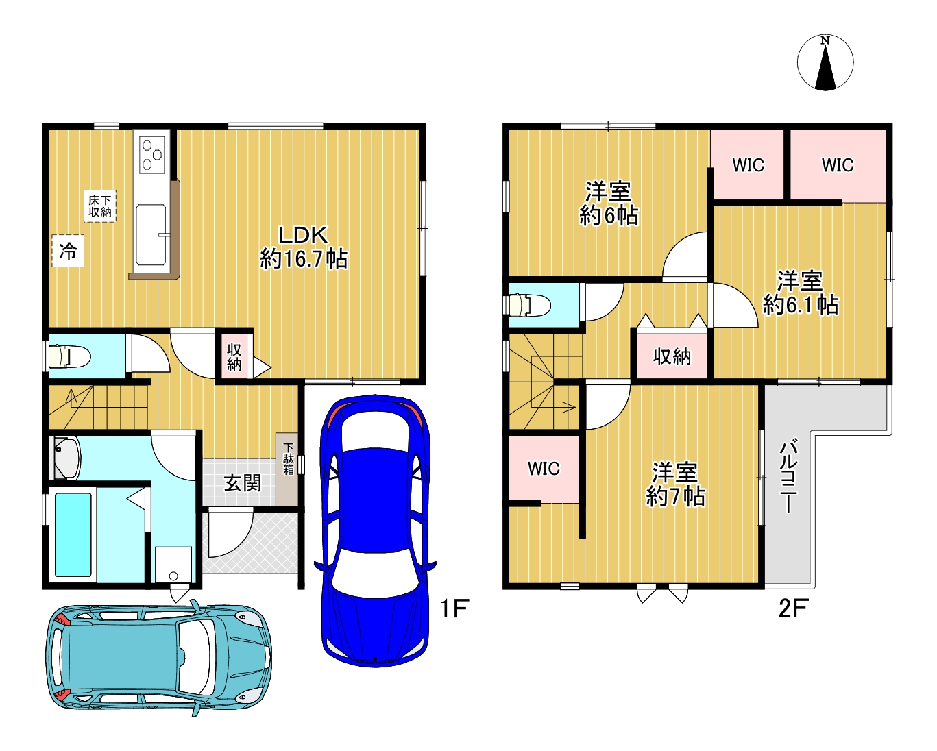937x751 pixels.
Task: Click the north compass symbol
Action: pyautogui.click(x=825, y=62)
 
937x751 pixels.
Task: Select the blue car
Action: pyautogui.click(x=375, y=531)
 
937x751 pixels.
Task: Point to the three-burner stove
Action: pyautogui.click(x=152, y=154)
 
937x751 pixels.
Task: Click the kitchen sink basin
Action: pyautogui.click(x=151, y=235)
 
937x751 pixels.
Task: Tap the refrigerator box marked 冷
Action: pyautogui.click(x=68, y=251)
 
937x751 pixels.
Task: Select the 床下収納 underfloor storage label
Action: pyautogui.click(x=99, y=206)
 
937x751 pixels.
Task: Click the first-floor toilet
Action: pyautogui.click(x=66, y=356)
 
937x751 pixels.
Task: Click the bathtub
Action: pyautogui.click(x=73, y=534)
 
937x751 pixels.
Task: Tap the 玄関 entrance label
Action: pyautogui.click(x=243, y=483)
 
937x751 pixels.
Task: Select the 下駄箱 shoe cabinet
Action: pyautogui.click(x=287, y=469)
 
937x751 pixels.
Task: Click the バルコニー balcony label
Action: pyautogui.click(x=788, y=477)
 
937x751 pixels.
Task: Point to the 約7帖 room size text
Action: pyautogui.click(x=675, y=496)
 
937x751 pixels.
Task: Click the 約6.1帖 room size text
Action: pyautogui.click(x=801, y=304)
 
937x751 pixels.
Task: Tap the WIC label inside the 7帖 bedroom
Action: pyautogui.click(x=544, y=469)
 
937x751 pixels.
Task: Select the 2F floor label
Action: pyautogui.click(x=793, y=608)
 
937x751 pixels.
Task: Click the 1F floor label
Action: pyautogui.click(x=454, y=608)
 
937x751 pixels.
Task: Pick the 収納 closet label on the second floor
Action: pyautogui.click(x=672, y=356)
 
